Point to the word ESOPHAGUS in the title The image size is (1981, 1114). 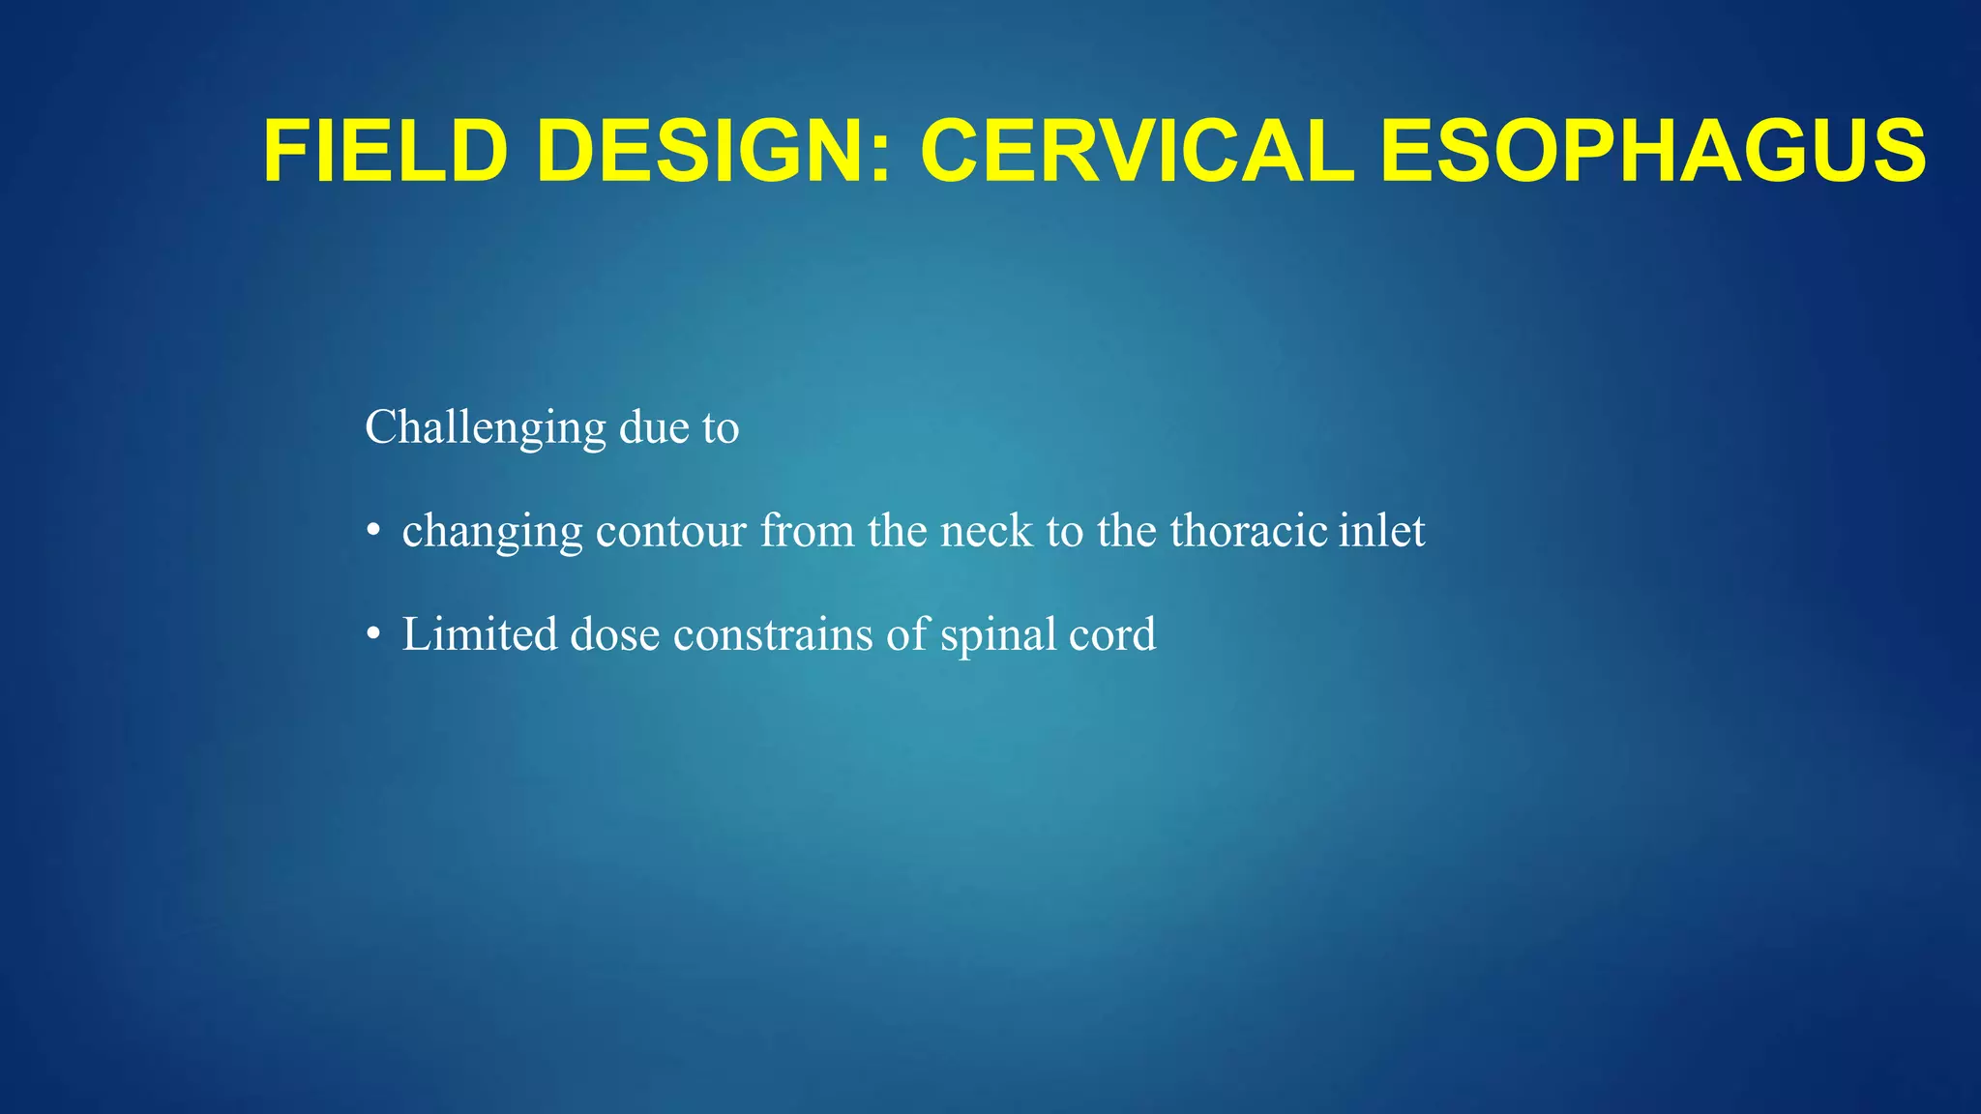(x=1652, y=151)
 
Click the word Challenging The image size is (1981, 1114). (x=485, y=428)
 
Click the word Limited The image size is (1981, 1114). (x=480, y=634)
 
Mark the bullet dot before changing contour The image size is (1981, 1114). (x=373, y=532)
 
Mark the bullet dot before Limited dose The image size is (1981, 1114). (x=373, y=635)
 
